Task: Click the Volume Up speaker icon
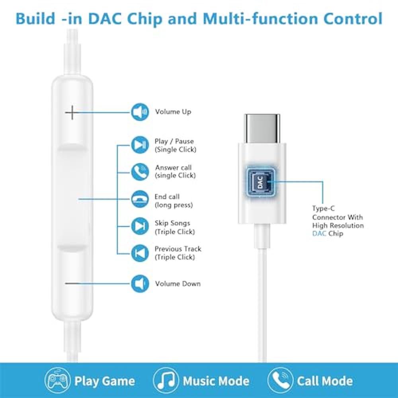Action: coord(140,112)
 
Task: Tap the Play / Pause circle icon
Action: coord(140,145)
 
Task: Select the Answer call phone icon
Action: coord(140,172)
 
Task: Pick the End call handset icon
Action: coord(140,199)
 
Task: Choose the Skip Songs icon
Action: coord(140,226)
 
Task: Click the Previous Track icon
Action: coord(140,253)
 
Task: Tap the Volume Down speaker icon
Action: coord(140,283)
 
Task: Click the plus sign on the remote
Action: coord(72,113)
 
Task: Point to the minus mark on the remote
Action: coord(72,283)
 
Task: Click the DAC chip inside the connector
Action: coord(260,182)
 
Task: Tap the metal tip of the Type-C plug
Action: coord(262,129)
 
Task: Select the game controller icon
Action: coord(58,380)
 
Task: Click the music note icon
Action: coord(166,380)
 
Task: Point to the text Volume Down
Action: coord(178,283)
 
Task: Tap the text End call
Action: coord(167,197)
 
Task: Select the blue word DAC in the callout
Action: coord(319,234)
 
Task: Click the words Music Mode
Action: coord(216,381)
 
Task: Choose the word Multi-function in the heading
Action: coord(260,19)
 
